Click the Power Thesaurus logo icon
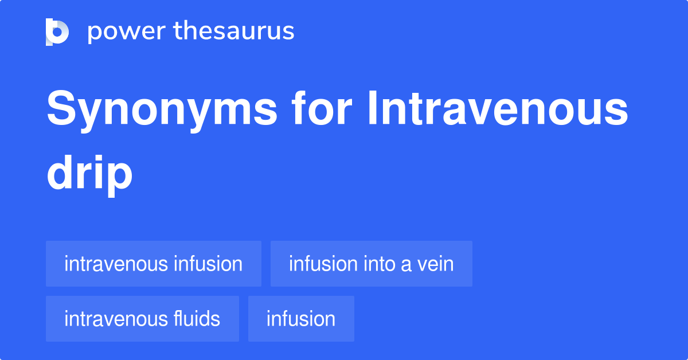57,32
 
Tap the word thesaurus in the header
234,32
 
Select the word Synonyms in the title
162,111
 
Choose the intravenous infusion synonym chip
153,264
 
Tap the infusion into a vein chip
371,264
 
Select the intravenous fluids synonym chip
142,319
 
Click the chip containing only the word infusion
301,319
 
